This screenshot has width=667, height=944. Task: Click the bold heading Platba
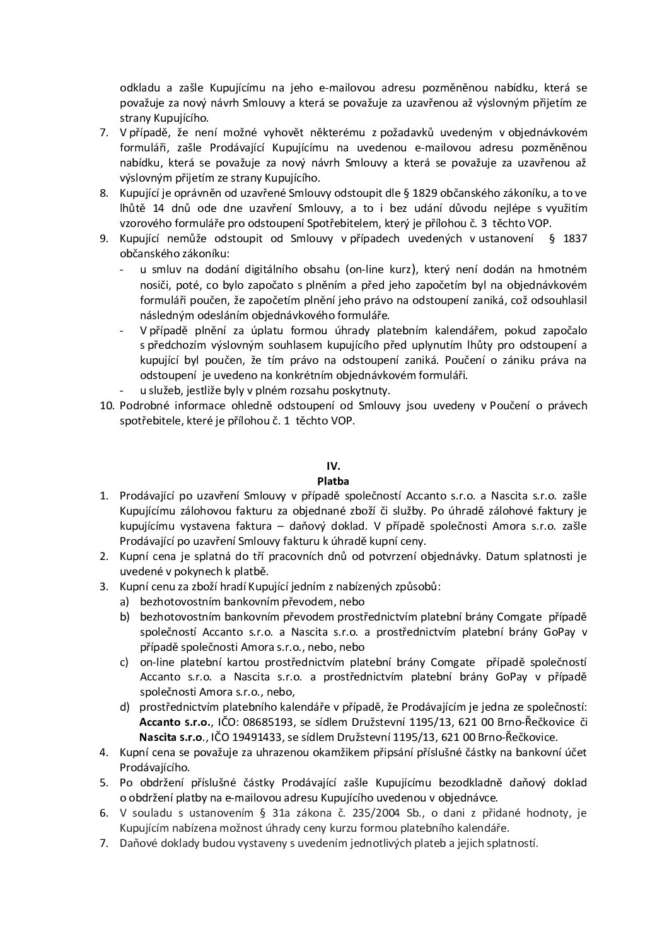click(x=333, y=481)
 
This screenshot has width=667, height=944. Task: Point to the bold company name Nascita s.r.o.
click(x=165, y=737)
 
